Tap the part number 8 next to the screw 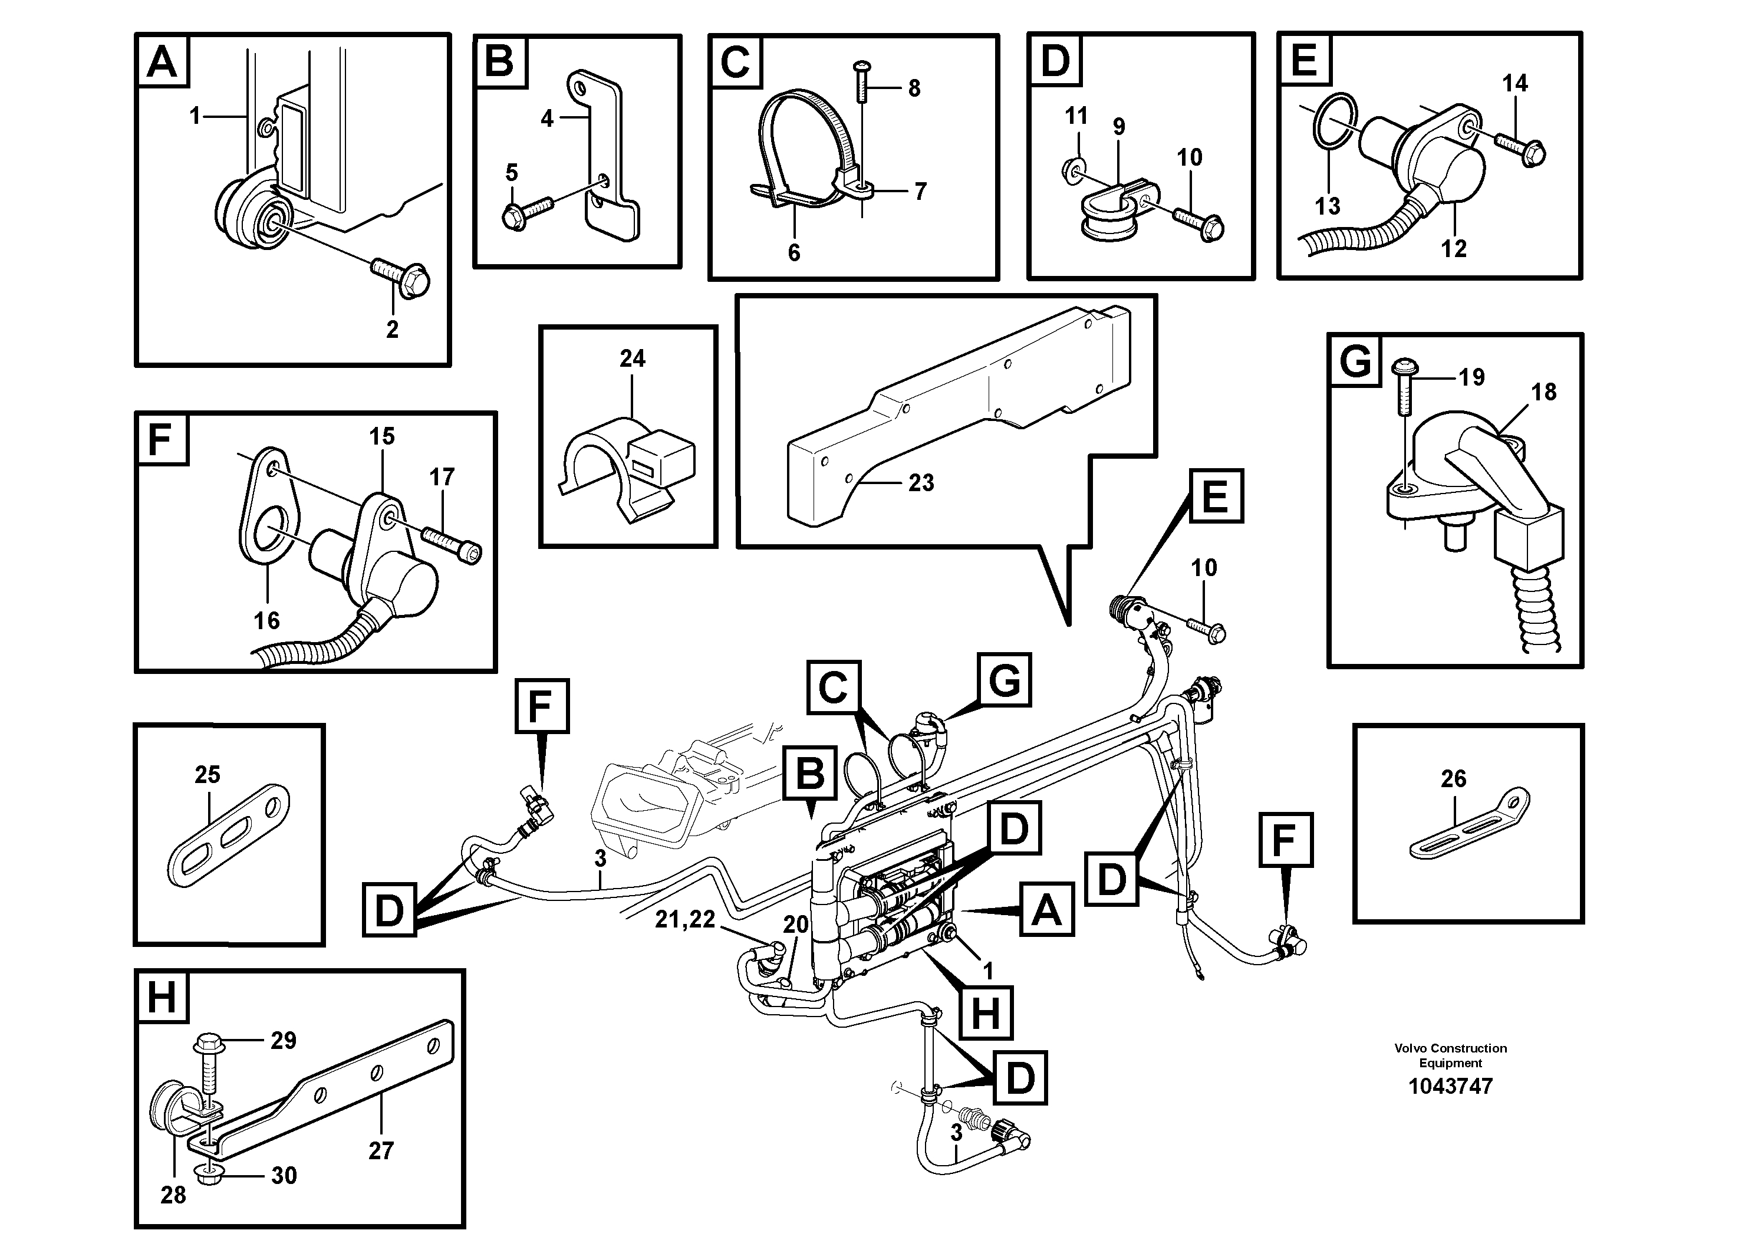pyautogui.click(x=914, y=88)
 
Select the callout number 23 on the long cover pyautogui.click(x=921, y=482)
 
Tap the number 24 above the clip pyautogui.click(x=632, y=358)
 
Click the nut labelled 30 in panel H pyautogui.click(x=208, y=1176)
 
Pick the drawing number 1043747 pyautogui.click(x=1450, y=1086)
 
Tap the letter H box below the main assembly pyautogui.click(x=985, y=1013)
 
